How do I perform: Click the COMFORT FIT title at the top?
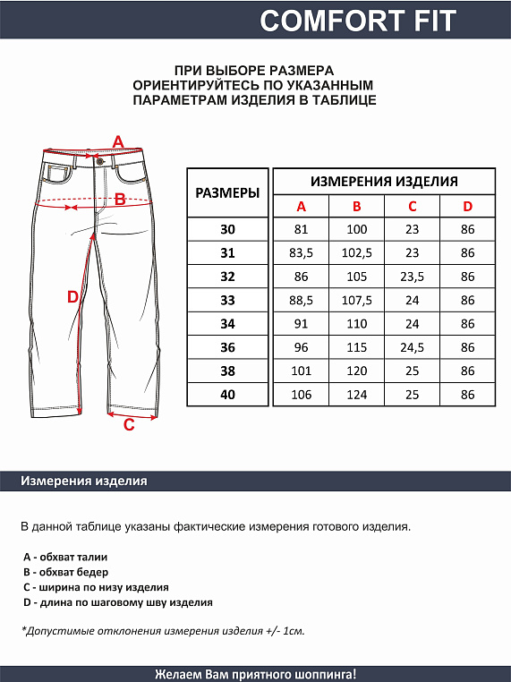(357, 20)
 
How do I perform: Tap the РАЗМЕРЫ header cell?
(227, 192)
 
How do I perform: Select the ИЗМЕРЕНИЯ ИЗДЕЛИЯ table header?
(384, 181)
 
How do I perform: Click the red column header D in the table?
(467, 207)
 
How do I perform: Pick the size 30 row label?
(227, 230)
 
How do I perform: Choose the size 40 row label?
(227, 394)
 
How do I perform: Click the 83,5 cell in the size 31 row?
(301, 253)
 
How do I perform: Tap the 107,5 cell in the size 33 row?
(356, 300)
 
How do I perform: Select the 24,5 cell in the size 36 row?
(412, 347)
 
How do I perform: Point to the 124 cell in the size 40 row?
(356, 394)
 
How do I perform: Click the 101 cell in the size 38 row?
(301, 371)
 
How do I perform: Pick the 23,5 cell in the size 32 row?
(412, 277)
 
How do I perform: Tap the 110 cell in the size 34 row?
(356, 324)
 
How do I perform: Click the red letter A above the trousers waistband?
(117, 141)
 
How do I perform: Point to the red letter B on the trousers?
(120, 200)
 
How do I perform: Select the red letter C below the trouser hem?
(129, 425)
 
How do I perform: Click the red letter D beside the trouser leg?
(73, 297)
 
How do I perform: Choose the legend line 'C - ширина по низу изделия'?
(96, 587)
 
